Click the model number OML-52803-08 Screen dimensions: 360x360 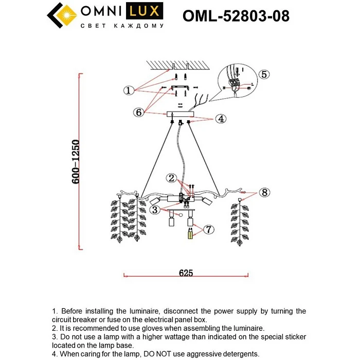(x=236, y=16)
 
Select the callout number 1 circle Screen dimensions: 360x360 (x=129, y=91)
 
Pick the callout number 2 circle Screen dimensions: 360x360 (x=172, y=178)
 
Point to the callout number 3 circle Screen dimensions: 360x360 (x=154, y=209)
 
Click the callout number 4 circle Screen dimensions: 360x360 (x=220, y=119)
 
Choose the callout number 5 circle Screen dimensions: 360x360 (x=263, y=74)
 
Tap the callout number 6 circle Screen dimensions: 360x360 (x=138, y=112)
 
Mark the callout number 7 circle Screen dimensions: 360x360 (x=208, y=229)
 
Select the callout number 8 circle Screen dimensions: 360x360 (x=264, y=192)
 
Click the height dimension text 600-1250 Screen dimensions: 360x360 (x=76, y=163)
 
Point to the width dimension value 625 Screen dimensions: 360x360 (x=186, y=274)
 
